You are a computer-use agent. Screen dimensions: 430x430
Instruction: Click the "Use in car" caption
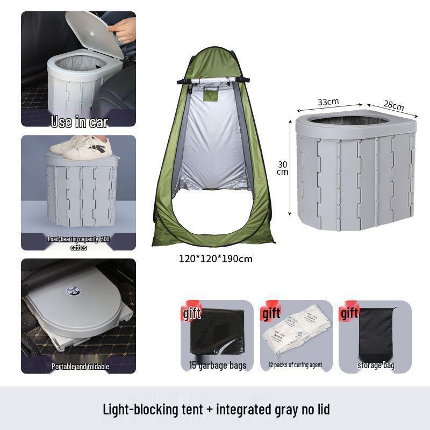pos(78,121)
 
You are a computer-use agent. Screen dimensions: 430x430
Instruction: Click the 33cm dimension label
pos(328,102)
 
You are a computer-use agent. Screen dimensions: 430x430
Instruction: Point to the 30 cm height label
pos(282,168)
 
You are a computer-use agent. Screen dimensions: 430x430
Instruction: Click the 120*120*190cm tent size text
pos(216,259)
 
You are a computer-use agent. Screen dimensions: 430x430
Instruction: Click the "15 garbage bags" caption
pos(217,365)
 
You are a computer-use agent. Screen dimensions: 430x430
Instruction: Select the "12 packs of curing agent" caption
pos(295,365)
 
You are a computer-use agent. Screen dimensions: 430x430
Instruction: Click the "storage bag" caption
pos(376,365)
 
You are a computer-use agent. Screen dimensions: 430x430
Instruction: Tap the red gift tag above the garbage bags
pos(192,312)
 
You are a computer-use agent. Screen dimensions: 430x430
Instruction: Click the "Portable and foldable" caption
pos(80,366)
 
